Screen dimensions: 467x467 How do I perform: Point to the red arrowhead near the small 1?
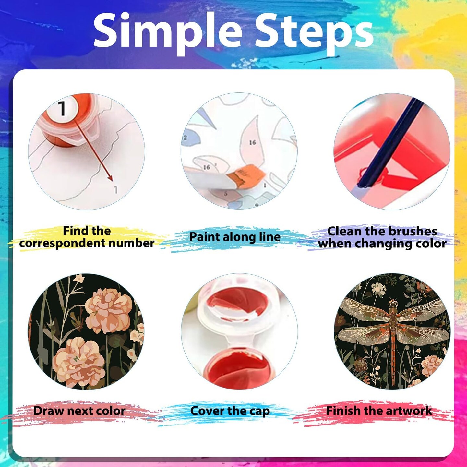point(110,178)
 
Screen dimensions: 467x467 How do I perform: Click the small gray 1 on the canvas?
point(115,190)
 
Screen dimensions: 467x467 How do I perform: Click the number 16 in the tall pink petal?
point(253,142)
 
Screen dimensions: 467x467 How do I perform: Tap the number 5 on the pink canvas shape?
point(226,194)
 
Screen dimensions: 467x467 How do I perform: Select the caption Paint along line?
point(234,236)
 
